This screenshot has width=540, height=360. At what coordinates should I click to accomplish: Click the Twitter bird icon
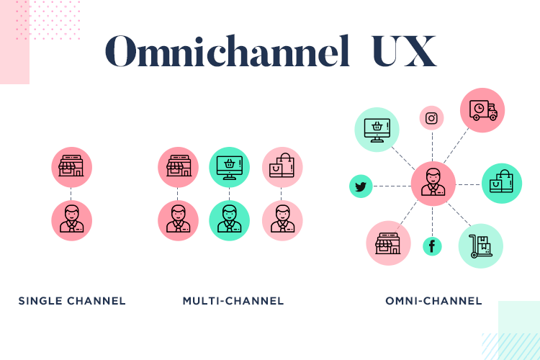pyautogui.click(x=361, y=186)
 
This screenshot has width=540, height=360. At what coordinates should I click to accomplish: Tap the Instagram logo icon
pyautogui.click(x=431, y=118)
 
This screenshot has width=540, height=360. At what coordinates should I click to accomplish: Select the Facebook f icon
pyautogui.click(x=432, y=246)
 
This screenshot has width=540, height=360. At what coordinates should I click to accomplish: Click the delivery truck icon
pyautogui.click(x=482, y=110)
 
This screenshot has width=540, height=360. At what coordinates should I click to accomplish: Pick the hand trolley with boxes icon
pyautogui.click(x=480, y=246)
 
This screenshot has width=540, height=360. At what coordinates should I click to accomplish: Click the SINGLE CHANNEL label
pyautogui.click(x=72, y=301)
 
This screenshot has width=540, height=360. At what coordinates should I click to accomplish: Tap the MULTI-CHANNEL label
pyautogui.click(x=233, y=301)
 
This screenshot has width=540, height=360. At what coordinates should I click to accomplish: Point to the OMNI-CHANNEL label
pyautogui.click(x=433, y=301)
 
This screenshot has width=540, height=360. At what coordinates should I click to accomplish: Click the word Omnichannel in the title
pyautogui.click(x=228, y=51)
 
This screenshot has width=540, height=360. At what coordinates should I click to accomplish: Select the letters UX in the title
pyautogui.click(x=405, y=51)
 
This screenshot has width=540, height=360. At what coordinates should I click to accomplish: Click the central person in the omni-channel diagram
pyautogui.click(x=433, y=184)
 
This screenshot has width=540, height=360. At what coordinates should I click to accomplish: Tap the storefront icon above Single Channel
pyautogui.click(x=71, y=167)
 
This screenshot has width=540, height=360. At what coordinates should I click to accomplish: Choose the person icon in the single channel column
pyautogui.click(x=71, y=220)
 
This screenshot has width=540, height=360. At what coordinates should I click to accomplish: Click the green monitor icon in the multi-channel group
pyautogui.click(x=230, y=167)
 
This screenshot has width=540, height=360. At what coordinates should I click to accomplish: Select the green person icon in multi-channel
pyautogui.click(x=230, y=220)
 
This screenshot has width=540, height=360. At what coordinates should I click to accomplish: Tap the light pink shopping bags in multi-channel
pyautogui.click(x=282, y=167)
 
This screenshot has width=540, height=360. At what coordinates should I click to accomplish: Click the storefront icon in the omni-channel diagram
pyautogui.click(x=388, y=243)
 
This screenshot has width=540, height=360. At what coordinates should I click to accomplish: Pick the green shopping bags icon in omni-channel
pyautogui.click(x=502, y=184)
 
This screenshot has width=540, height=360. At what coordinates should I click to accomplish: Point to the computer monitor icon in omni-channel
pyautogui.click(x=377, y=130)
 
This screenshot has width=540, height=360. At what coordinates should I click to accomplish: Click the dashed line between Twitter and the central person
pyautogui.click(x=392, y=186)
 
